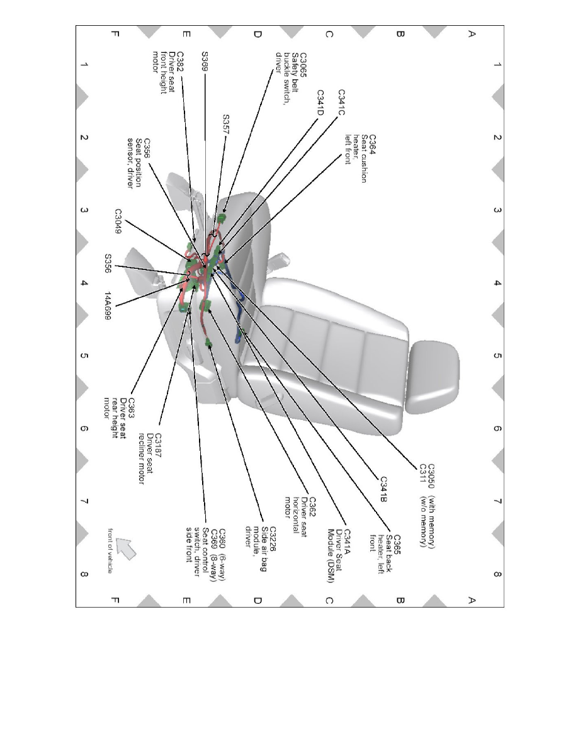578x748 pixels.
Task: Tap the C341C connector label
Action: point(341,103)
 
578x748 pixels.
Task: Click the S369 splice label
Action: point(205,61)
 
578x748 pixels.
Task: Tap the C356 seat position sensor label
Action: point(139,163)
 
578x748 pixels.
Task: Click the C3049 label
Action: point(118,221)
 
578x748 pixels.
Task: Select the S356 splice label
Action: point(108,263)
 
